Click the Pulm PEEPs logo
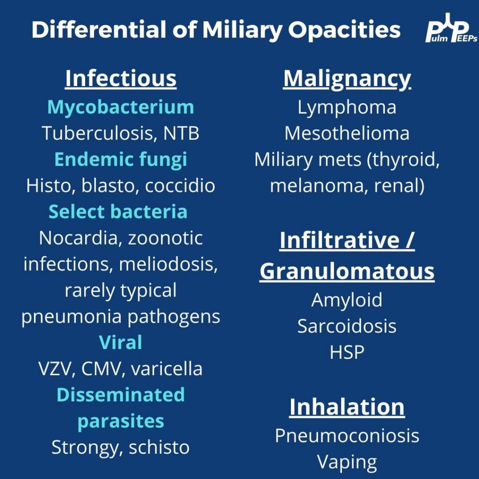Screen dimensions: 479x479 pyautogui.click(x=451, y=28)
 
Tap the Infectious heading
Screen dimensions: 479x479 pyautogui.click(x=121, y=79)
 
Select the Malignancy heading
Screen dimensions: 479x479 pyautogui.click(x=347, y=79)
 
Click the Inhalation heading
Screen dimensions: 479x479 pyautogui.click(x=347, y=407)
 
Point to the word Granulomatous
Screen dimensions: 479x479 pyautogui.click(x=347, y=271)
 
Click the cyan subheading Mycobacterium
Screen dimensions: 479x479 pyautogui.click(x=121, y=108)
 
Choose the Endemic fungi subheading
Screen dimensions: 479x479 pyautogui.click(x=121, y=160)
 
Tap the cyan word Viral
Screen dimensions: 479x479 pyautogui.click(x=121, y=342)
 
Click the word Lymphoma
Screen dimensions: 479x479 pyautogui.click(x=347, y=108)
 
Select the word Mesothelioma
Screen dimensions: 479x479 pyautogui.click(x=347, y=133)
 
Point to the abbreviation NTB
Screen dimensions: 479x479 pyautogui.click(x=181, y=133)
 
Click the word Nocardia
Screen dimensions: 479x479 pyautogui.click(x=78, y=238)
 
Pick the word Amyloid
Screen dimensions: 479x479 pyautogui.click(x=347, y=300)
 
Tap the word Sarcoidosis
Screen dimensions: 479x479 pyautogui.click(x=347, y=326)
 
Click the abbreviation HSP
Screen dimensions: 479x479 pyautogui.click(x=347, y=352)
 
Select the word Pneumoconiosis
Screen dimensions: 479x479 pyautogui.click(x=347, y=435)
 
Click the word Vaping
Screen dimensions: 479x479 pyautogui.click(x=347, y=462)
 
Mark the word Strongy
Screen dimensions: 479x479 pyautogui.click(x=85, y=448)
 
